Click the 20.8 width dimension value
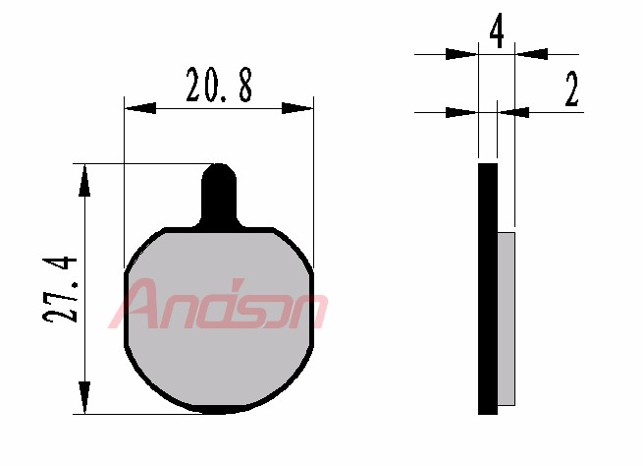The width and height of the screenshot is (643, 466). [219, 85]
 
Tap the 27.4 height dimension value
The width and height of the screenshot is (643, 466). [60, 289]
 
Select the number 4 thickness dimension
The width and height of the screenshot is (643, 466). [497, 30]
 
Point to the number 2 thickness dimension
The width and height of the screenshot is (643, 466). [571, 88]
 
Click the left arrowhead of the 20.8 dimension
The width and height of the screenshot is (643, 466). [140, 108]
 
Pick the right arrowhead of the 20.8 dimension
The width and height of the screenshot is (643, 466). [297, 108]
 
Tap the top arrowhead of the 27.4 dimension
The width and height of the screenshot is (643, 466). [84, 181]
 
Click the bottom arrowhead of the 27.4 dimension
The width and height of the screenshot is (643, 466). [84, 397]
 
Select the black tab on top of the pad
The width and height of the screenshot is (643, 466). [219, 195]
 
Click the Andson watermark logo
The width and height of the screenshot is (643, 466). [217, 304]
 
